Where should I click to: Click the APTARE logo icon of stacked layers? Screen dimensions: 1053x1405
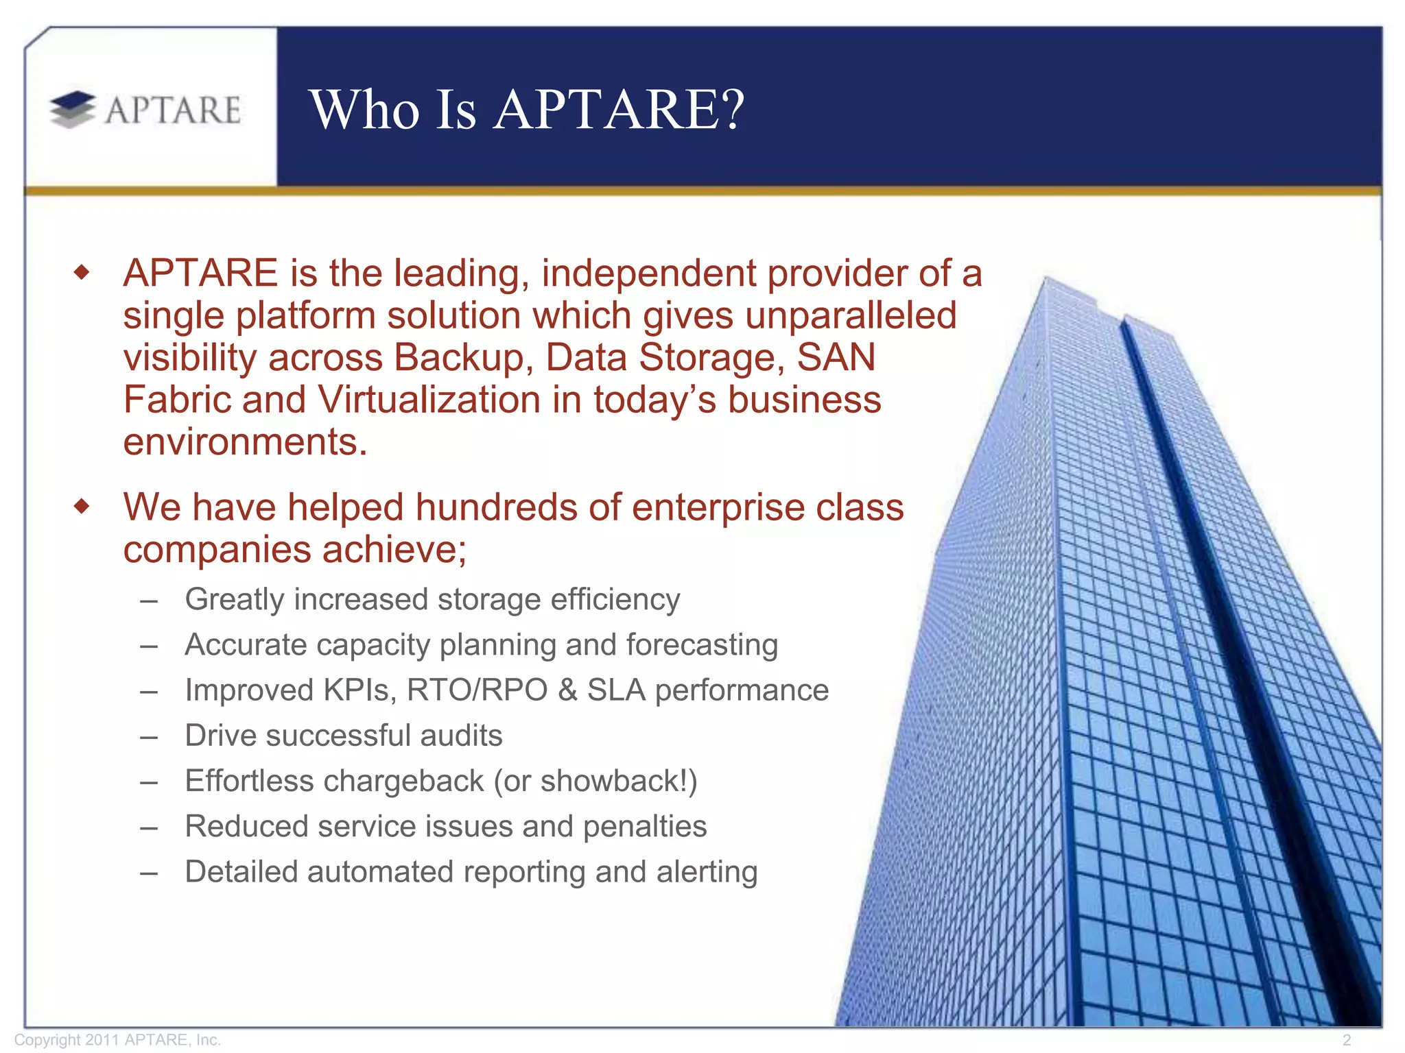(73, 110)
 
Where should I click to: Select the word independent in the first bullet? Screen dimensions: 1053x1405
(648, 274)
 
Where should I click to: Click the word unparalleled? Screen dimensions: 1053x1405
(851, 316)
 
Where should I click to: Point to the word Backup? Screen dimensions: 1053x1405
(464, 358)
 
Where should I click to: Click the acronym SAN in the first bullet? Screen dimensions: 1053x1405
(836, 358)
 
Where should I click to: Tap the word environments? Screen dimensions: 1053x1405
(246, 442)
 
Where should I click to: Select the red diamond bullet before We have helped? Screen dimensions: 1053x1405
(82, 507)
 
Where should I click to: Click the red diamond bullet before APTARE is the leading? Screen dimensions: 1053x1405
(82, 273)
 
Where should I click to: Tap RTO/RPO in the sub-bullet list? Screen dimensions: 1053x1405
(477, 690)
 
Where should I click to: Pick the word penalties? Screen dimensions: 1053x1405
(645, 827)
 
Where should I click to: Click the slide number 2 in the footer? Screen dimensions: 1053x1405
(1347, 1040)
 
